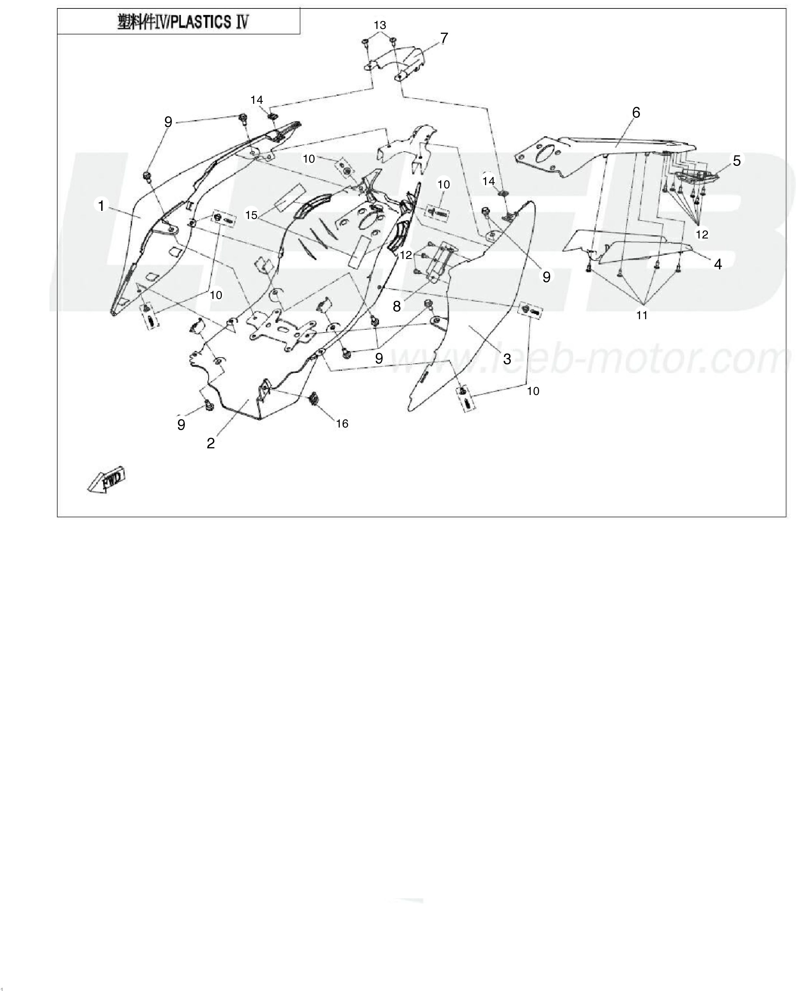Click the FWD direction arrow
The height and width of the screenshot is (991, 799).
click(106, 481)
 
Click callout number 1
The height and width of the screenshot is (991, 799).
click(101, 205)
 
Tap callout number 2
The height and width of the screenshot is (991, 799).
click(211, 443)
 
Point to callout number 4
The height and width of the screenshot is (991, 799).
click(718, 264)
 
